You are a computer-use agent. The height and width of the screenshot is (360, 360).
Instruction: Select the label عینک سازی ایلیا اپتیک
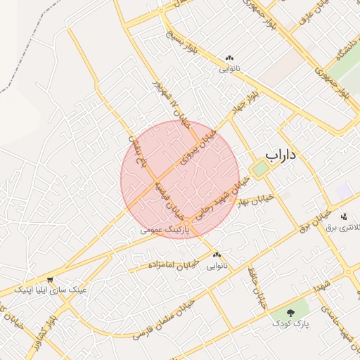tap(53, 289)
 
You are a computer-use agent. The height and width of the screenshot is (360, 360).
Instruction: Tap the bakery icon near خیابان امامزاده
tap(217, 255)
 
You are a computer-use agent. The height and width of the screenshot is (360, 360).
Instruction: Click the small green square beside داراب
tap(257, 169)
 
